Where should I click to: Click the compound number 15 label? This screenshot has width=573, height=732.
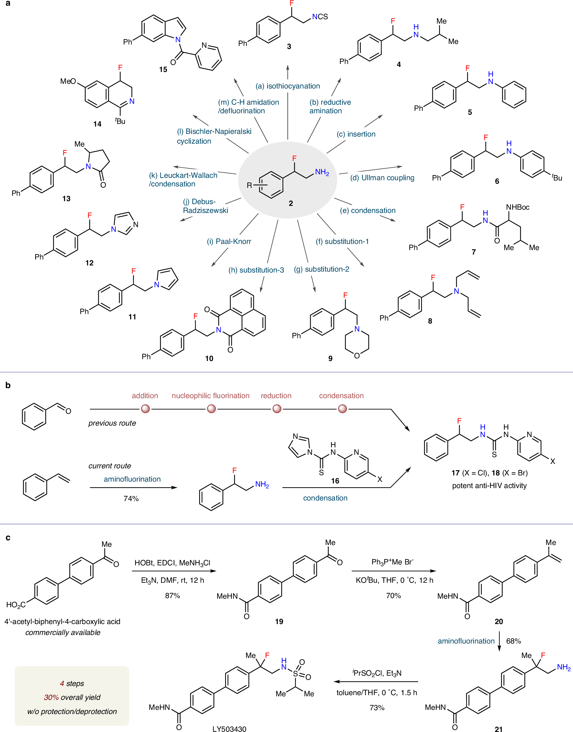pos(163,69)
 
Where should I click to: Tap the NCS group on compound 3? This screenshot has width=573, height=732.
pos(320,17)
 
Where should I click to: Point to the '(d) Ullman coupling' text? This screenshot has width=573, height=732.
pos(382,178)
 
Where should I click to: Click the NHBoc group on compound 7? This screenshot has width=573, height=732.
pos(517,207)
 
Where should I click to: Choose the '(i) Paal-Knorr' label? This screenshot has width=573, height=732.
pos(229,242)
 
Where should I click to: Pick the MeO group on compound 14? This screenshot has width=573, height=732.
pos(68,81)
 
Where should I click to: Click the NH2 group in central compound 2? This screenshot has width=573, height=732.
pos(322,172)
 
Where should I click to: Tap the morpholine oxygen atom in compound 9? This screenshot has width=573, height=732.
pos(357,355)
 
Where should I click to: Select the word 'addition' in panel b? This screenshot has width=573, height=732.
pos(145,396)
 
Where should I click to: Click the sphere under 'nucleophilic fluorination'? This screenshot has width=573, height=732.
pos(211,409)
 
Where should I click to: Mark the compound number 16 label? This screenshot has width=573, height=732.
pos(335,481)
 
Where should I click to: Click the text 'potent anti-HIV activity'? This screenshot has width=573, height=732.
pos(489,485)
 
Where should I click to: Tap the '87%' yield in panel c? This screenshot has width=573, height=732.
pos(172,595)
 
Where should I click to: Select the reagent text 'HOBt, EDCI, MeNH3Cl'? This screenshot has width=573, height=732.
pos(172,563)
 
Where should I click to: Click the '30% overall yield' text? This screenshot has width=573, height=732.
pos(72,697)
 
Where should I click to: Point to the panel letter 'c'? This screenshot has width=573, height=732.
pos(8,538)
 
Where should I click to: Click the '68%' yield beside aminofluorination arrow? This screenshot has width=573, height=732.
pos(513,641)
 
